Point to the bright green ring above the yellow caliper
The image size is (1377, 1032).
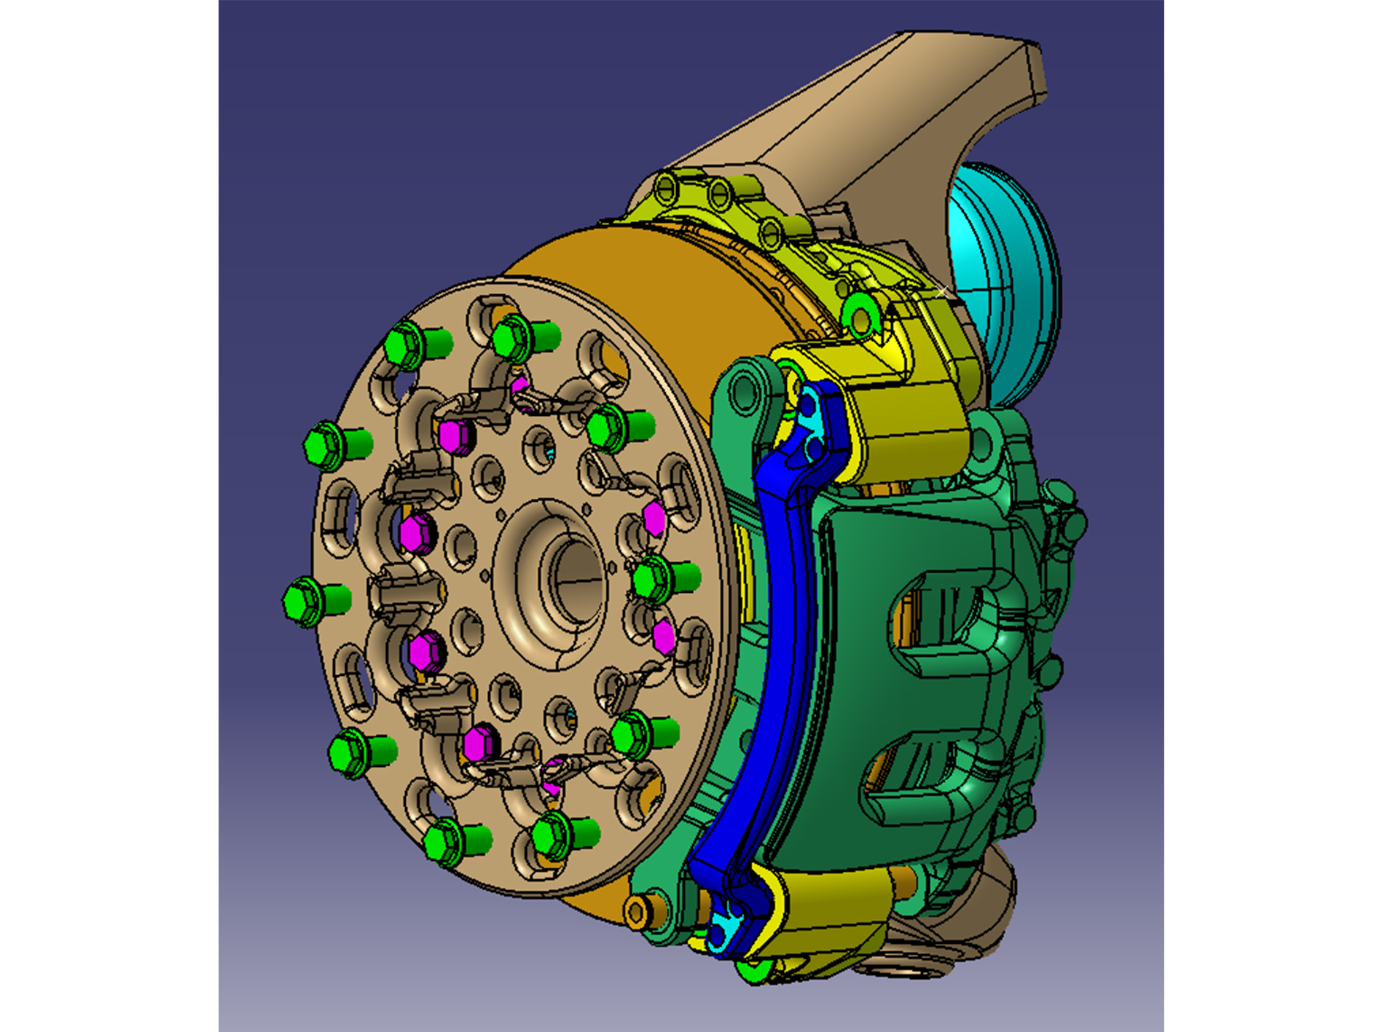[860, 316]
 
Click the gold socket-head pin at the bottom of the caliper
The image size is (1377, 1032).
[636, 911]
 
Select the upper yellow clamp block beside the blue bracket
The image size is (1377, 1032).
[911, 422]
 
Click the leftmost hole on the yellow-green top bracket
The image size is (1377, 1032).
[665, 191]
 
